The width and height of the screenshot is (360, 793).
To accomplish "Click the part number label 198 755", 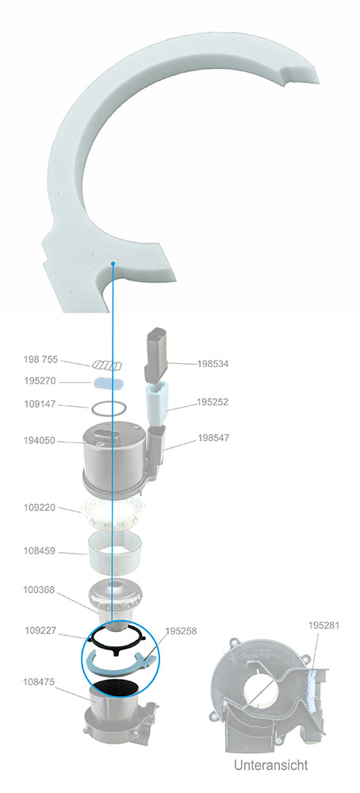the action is coord(40,359).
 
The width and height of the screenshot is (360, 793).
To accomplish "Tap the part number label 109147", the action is coord(40,404).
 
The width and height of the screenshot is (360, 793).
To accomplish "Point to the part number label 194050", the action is coord(40,440).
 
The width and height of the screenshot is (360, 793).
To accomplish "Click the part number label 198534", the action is coord(213,364).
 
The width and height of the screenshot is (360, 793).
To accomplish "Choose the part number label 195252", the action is coord(213,402).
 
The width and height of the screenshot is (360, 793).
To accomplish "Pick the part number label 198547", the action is coord(213,438).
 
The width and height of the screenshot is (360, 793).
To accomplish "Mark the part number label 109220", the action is coord(40,508).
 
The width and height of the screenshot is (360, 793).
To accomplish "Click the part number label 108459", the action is coord(40,551).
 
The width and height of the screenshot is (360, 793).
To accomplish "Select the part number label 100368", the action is coord(40,590).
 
